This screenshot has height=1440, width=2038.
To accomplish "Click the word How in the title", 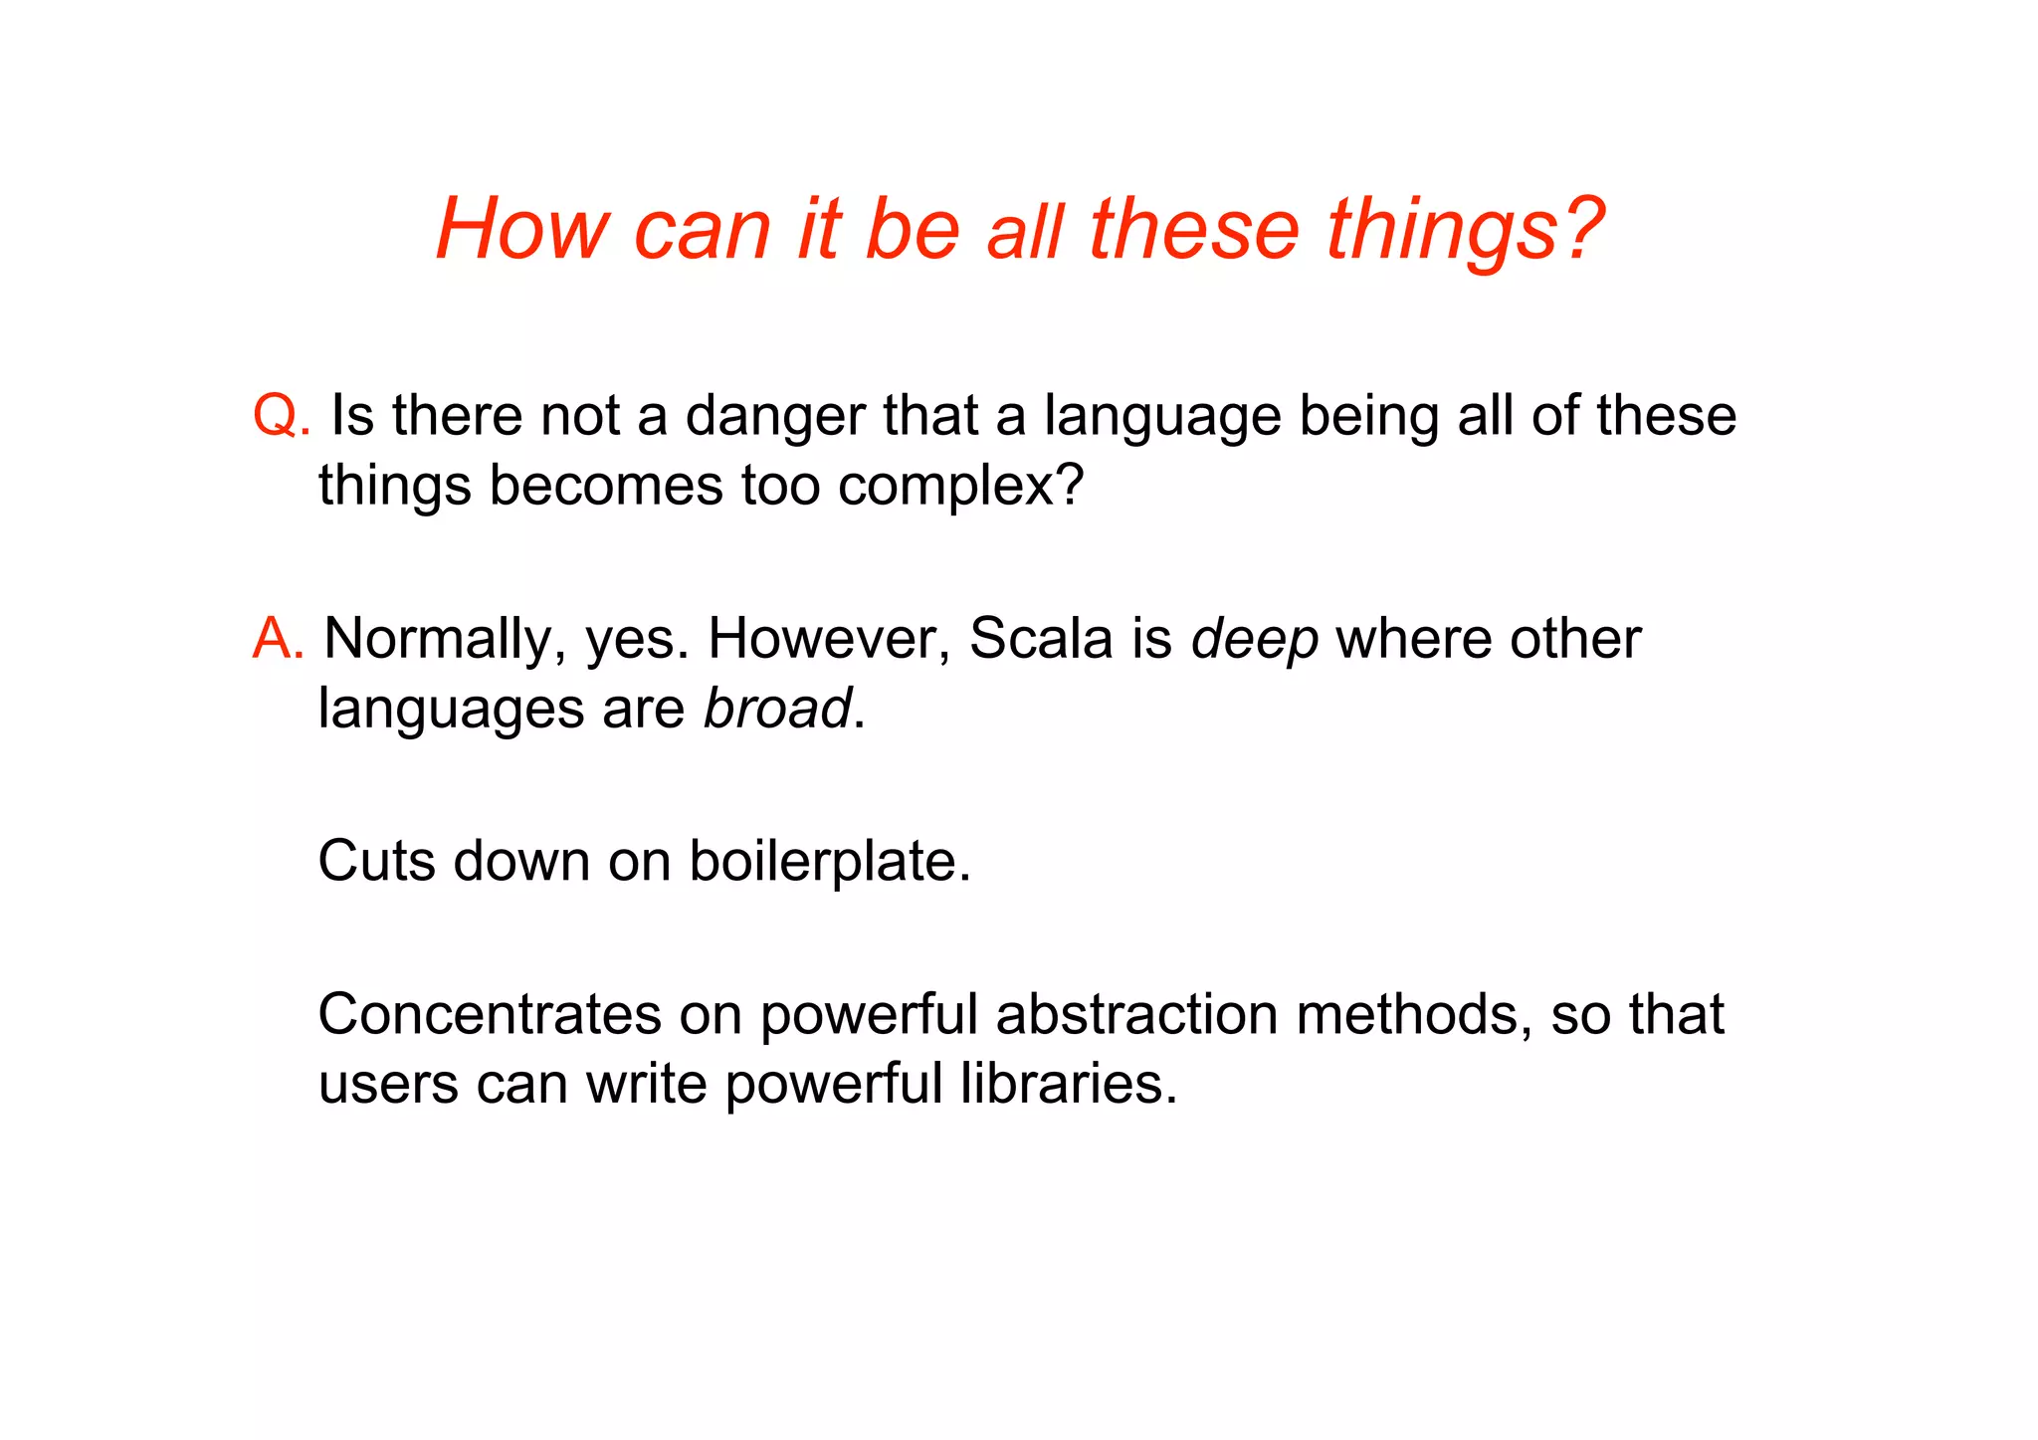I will click(x=521, y=229).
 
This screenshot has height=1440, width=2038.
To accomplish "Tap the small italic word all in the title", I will click(x=1025, y=233).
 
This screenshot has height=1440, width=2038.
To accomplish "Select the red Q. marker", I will click(x=282, y=415).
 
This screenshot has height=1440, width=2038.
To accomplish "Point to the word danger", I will click(x=775, y=417).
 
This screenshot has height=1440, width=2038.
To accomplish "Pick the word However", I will click(x=829, y=638).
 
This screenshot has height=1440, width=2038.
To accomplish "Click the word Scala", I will click(x=1041, y=638).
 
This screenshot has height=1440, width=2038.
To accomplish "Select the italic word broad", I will click(x=777, y=709).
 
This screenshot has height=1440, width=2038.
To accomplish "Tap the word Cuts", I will click(x=377, y=861).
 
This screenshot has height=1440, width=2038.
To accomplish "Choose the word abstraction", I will click(x=1136, y=1014).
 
